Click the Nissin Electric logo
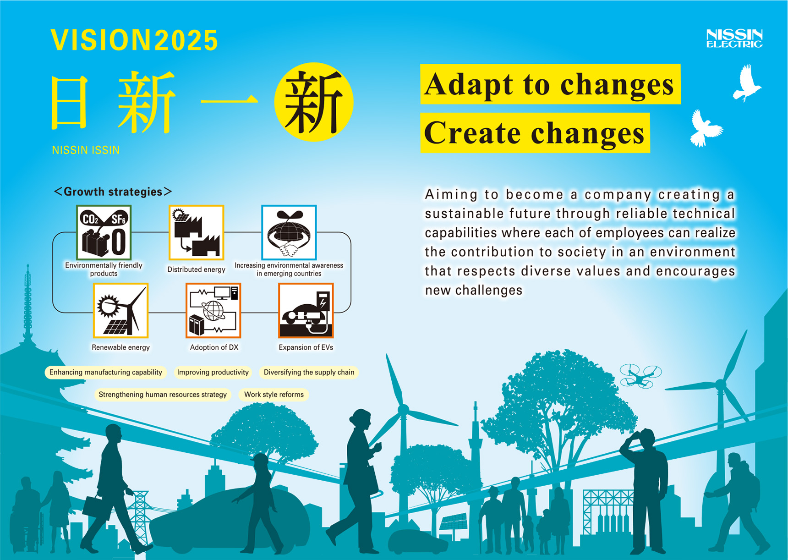[x=734, y=38]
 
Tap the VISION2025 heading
[x=135, y=40]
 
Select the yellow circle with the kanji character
[x=314, y=102]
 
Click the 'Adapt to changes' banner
[x=550, y=84]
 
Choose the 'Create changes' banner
[x=535, y=133]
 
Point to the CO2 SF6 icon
[x=104, y=233]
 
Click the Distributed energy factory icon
[x=197, y=233]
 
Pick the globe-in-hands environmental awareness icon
[x=289, y=233]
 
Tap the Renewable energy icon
[x=121, y=311]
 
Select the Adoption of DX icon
[x=213, y=311]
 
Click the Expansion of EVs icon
[x=306, y=311]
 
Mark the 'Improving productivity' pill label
[x=213, y=373]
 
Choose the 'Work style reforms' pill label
[x=274, y=395]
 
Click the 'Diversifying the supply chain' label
[x=309, y=373]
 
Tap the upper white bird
[x=746, y=83]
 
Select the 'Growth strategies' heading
[x=113, y=192]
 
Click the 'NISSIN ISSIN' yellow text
[x=86, y=150]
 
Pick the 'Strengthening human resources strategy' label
[x=163, y=395]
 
